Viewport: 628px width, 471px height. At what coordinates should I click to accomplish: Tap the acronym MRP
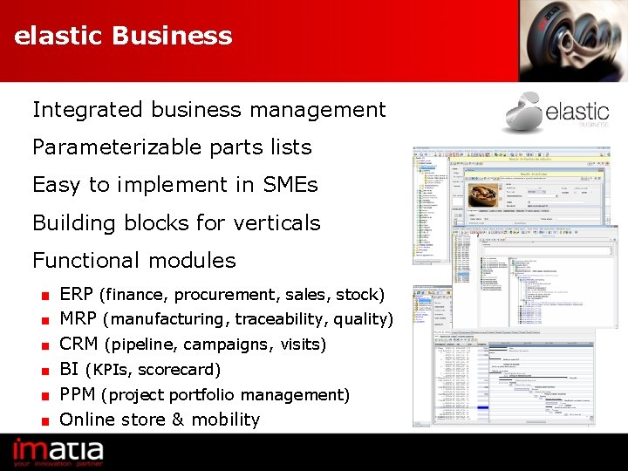tap(77, 319)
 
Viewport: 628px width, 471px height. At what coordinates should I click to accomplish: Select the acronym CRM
tap(78, 345)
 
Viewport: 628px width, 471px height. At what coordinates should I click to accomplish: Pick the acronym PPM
tap(77, 395)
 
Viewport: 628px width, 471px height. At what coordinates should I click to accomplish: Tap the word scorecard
tap(179, 370)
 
